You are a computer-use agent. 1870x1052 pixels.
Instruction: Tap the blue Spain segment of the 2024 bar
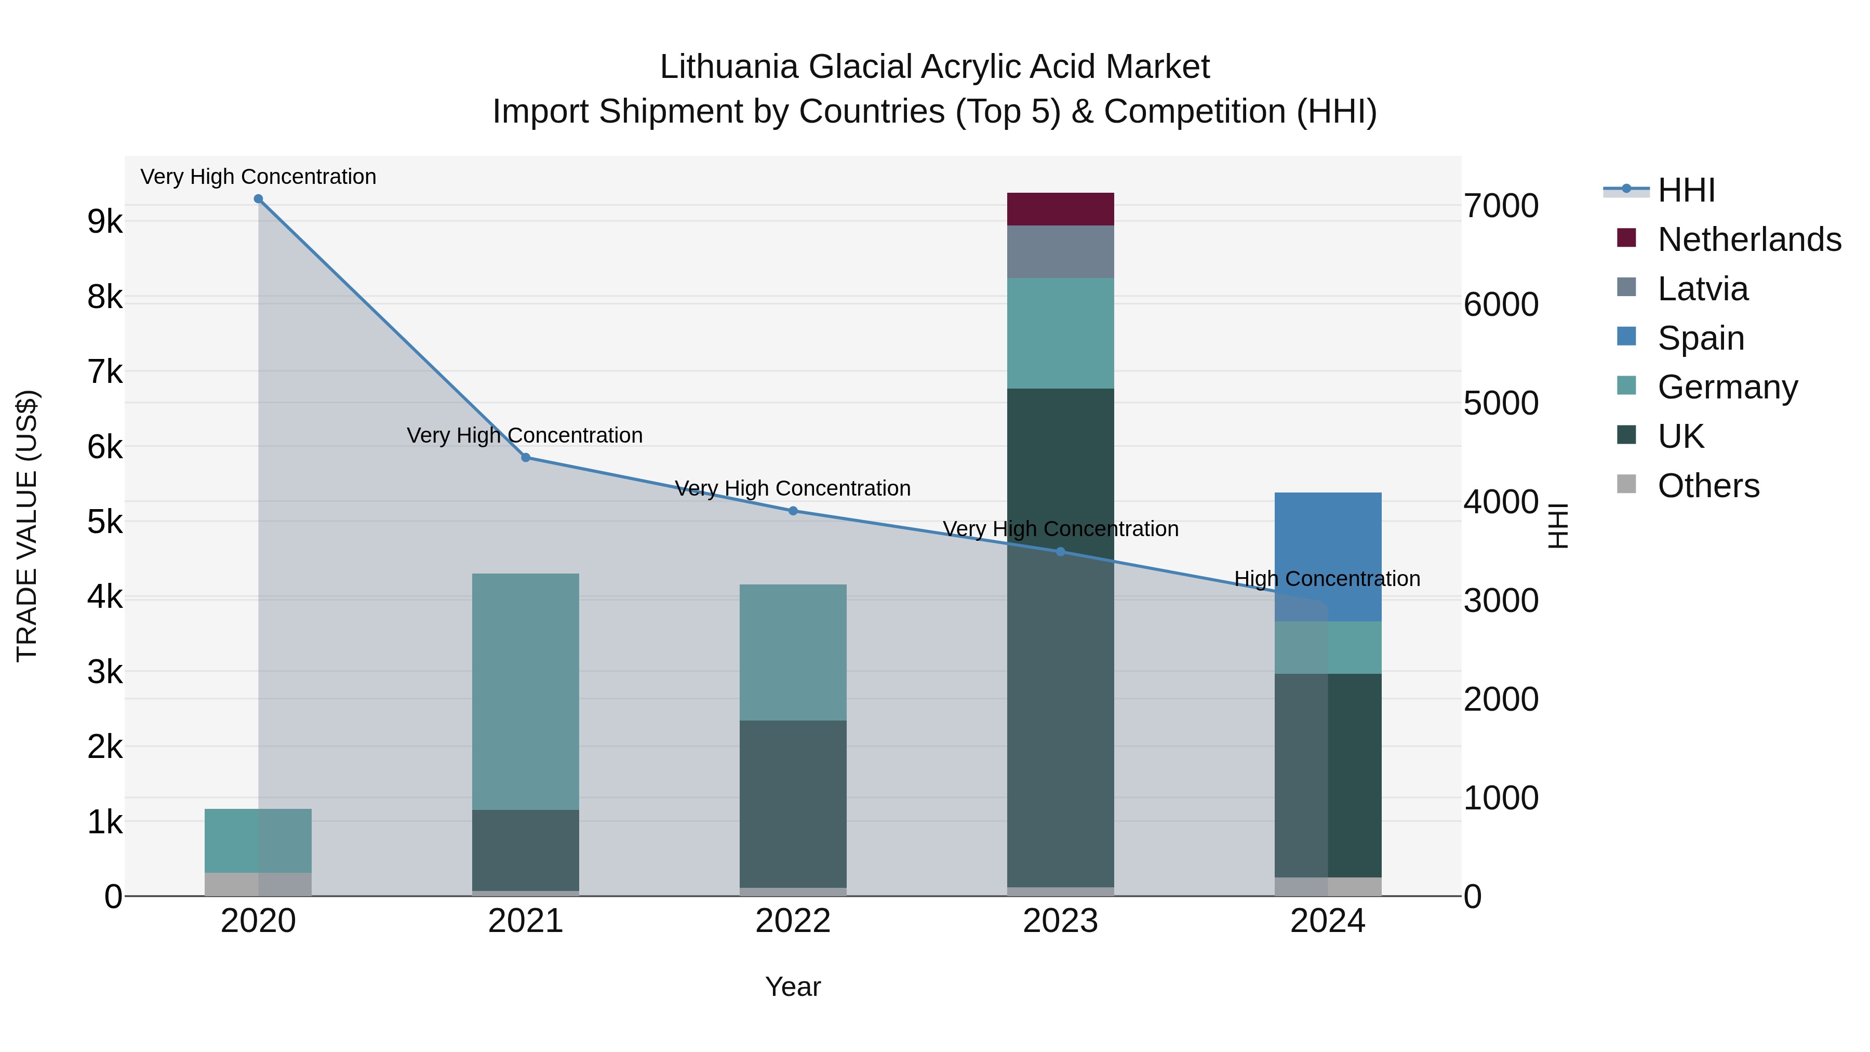(1328, 556)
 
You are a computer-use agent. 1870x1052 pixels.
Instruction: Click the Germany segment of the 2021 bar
(526, 691)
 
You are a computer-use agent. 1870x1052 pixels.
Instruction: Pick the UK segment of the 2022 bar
(793, 804)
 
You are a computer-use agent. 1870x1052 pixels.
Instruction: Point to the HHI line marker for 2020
(259, 199)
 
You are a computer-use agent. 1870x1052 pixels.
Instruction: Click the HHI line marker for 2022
(793, 511)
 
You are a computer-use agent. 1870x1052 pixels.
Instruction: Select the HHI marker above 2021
(526, 457)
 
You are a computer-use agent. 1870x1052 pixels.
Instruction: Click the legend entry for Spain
(1700, 338)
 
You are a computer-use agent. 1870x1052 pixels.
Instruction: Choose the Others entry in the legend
(1707, 486)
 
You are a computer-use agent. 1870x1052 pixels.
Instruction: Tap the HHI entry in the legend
(1686, 190)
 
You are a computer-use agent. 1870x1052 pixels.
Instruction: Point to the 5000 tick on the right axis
(1501, 404)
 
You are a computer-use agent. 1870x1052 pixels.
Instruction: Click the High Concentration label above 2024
(1327, 579)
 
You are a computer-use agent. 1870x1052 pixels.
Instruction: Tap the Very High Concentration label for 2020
(259, 177)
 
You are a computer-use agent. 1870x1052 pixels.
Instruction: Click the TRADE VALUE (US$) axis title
(28, 526)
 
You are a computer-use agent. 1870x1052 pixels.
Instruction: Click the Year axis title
(793, 988)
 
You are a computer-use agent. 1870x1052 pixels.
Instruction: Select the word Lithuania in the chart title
(729, 67)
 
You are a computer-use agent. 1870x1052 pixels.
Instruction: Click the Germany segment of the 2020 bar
(259, 841)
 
